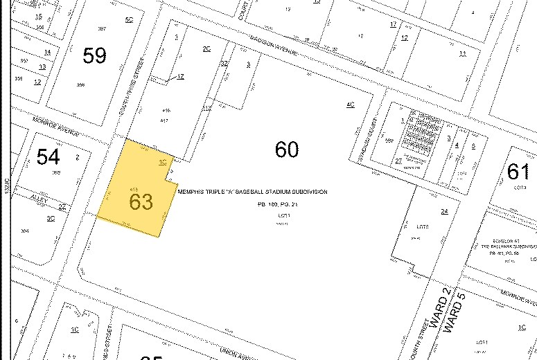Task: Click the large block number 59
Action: click(x=94, y=55)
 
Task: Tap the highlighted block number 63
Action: click(x=140, y=201)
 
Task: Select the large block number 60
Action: click(x=286, y=149)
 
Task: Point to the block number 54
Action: click(x=49, y=157)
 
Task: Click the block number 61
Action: click(x=518, y=171)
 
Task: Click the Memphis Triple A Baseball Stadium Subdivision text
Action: click(x=252, y=192)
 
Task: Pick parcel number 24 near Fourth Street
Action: click(x=444, y=211)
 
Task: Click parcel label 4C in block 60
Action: click(x=350, y=105)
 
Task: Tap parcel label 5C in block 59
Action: click(x=129, y=19)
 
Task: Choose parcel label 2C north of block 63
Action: click(x=206, y=48)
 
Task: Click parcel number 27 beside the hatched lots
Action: click(x=398, y=161)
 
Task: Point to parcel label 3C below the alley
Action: click(x=50, y=218)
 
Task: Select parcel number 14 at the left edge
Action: click(x=47, y=52)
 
